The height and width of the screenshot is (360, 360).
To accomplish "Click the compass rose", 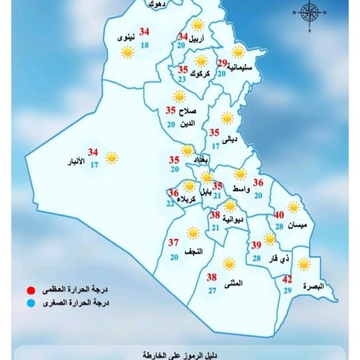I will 310,12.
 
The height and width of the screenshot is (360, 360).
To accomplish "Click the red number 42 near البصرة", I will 287,279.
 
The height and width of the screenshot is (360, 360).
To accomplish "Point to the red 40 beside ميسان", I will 282,214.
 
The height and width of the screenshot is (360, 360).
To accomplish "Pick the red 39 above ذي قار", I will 256,245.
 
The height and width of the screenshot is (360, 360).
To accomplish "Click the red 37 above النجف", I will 174,242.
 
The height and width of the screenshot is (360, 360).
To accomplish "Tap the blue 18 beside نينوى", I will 145,45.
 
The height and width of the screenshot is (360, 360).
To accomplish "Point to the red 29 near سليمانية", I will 222,63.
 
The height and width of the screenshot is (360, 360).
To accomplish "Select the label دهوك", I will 156,4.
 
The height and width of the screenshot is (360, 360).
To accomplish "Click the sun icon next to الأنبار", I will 112,157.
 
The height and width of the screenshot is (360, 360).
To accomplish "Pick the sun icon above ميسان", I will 293,207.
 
